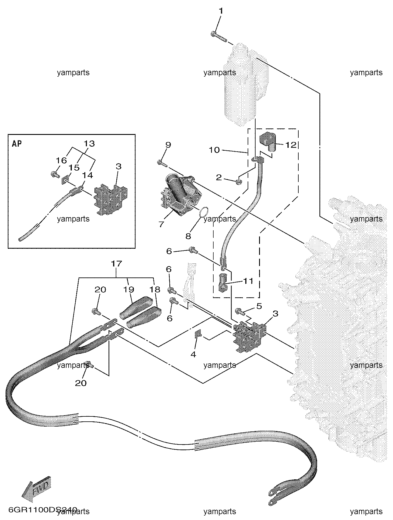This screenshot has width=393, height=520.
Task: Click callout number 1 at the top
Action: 221,11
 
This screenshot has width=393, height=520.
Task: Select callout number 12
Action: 291,145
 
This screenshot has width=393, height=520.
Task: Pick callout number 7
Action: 161,224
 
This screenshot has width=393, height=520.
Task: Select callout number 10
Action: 214,150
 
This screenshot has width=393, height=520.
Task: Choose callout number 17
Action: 116,264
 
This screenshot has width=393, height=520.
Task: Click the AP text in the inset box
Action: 17,144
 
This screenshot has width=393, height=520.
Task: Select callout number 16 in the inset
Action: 62,160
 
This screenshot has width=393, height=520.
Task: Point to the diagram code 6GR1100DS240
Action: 43,510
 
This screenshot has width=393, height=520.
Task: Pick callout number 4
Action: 193,355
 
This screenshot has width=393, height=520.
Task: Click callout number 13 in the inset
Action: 89,144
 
